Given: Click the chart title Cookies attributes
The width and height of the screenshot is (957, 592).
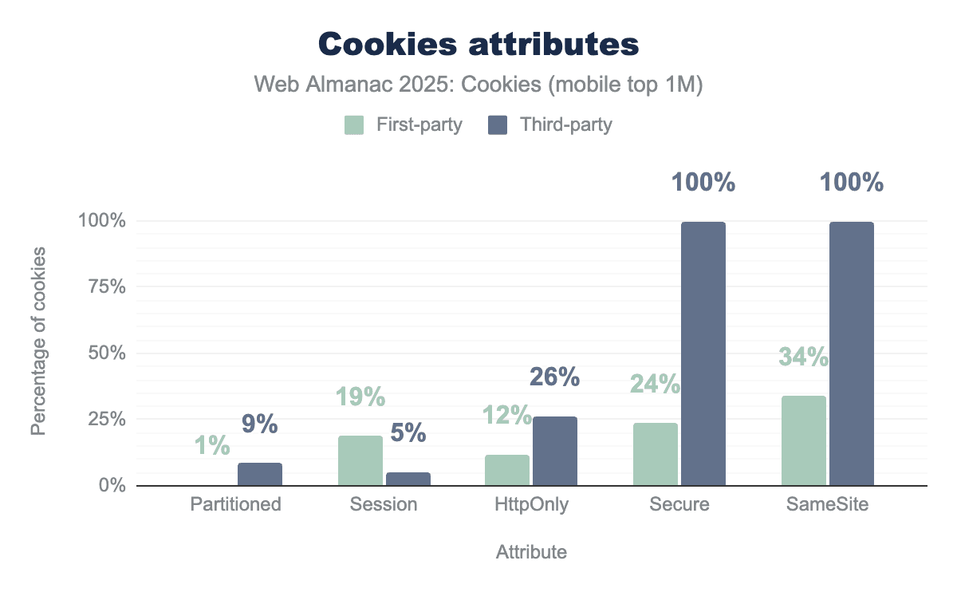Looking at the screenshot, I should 478,45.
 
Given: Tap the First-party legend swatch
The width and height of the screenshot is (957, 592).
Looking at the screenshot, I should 354,125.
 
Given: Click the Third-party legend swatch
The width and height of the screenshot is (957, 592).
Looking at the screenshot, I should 498,125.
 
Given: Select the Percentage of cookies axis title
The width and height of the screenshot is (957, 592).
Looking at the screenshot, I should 38,341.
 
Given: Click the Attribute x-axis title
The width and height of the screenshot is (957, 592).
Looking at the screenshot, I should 532,552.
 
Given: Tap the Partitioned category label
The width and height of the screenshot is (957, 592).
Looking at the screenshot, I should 236,504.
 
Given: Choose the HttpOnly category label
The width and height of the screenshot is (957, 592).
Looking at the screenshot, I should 531,504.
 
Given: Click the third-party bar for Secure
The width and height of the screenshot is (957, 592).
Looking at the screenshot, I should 703,353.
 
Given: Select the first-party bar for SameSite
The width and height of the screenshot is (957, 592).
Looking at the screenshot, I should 804,440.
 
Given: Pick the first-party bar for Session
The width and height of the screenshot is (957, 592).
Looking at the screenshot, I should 360,460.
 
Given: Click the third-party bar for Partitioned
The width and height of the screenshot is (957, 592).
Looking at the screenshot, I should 260,474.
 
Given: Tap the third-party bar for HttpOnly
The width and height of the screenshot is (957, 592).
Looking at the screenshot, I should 555,451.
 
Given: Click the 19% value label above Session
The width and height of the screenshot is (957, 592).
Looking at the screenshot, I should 360,397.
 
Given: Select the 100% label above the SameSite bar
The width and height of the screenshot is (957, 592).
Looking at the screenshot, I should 852,183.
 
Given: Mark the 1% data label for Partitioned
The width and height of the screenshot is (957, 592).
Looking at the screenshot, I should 212,445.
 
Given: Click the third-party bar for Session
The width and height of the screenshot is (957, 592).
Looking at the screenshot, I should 408,479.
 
